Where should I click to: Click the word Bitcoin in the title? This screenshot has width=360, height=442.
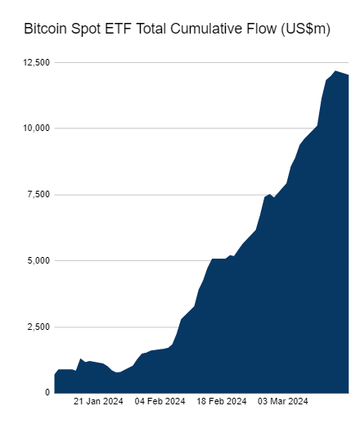point(46,29)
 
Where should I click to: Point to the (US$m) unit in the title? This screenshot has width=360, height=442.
point(306,29)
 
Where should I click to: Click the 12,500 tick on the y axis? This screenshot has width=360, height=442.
point(35,62)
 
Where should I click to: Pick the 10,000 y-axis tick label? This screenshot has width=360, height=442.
point(35,129)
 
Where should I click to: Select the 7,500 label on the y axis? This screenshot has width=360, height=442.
point(38,195)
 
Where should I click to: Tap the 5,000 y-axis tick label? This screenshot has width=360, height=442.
point(38,261)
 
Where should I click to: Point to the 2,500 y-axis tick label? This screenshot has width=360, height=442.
point(38,327)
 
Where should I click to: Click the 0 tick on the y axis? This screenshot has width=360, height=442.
point(47,393)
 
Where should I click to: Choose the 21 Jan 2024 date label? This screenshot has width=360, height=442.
point(99,402)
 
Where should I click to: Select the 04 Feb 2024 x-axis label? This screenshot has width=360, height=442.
point(160,402)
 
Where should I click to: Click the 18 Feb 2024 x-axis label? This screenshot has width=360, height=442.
point(221,402)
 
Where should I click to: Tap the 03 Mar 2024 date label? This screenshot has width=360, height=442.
point(283,402)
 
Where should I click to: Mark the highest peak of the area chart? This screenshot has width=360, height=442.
point(335,72)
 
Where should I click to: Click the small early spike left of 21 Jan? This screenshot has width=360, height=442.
point(81,359)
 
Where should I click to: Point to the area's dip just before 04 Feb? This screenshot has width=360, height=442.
point(119,373)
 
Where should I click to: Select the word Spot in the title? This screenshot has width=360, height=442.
point(88,29)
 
